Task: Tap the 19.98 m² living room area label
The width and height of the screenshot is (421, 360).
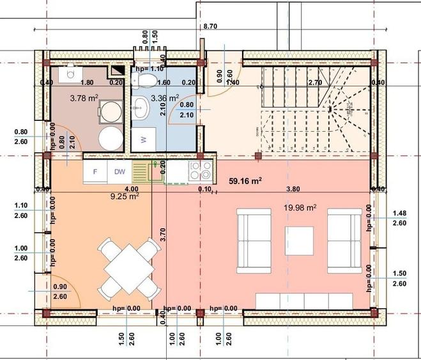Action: point(300,207)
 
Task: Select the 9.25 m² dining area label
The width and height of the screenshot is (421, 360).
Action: point(125,197)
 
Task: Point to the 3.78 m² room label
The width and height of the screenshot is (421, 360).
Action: point(83,98)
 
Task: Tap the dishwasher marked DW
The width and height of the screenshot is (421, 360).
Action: point(119,171)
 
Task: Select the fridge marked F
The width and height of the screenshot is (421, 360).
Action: point(95,171)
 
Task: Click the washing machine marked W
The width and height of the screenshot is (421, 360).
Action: point(144,139)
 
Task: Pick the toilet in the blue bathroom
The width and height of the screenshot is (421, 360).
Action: point(146,80)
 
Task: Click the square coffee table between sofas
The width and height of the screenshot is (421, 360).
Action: point(299,240)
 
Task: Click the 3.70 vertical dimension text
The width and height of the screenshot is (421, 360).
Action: point(164,235)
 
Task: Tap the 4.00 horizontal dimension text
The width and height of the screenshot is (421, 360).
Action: point(131,189)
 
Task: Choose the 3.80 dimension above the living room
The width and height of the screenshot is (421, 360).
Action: point(293,189)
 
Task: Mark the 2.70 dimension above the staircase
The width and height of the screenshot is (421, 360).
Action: point(315,82)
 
